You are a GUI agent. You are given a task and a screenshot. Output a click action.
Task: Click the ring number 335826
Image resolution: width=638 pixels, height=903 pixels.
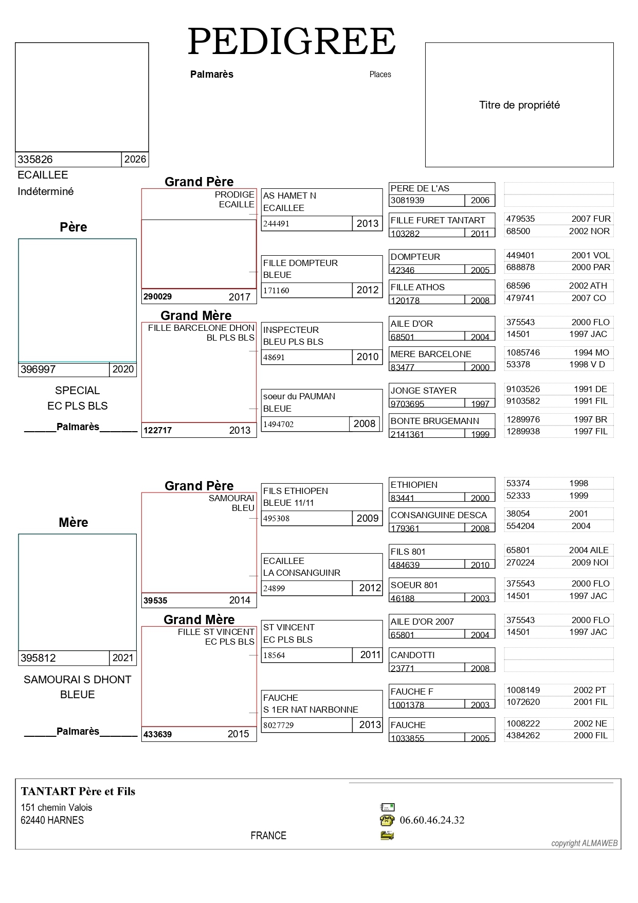[35, 160]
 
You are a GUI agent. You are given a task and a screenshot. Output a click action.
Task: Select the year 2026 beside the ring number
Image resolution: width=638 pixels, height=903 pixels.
[135, 160]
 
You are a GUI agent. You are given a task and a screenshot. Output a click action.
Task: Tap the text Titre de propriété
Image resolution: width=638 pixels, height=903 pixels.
[519, 105]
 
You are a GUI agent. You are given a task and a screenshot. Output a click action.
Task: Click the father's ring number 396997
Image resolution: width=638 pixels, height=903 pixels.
[38, 369]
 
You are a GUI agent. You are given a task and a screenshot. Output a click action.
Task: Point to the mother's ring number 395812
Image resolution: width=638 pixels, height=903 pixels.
[38, 658]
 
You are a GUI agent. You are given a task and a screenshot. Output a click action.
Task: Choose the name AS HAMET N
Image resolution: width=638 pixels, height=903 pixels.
[289, 196]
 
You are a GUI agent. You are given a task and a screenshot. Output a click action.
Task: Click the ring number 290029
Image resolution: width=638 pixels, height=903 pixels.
[158, 297]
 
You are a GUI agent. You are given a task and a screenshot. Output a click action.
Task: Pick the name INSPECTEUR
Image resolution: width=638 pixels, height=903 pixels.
[291, 330]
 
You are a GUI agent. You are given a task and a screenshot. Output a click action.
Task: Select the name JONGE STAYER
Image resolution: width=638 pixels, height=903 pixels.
[424, 391]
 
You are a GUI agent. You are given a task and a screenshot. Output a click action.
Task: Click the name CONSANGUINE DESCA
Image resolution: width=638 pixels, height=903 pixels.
[439, 515]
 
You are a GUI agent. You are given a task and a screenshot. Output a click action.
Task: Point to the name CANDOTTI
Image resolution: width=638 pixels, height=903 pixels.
[412, 655]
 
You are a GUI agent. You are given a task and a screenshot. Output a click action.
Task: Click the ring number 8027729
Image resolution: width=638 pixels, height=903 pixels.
[278, 725]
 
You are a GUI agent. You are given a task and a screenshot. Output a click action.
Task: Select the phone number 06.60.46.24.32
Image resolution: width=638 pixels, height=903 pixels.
[432, 820]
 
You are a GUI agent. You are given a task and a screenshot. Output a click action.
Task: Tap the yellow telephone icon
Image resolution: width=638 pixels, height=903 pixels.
[387, 820]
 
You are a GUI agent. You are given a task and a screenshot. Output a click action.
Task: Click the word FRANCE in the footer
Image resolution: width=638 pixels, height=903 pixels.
[268, 836]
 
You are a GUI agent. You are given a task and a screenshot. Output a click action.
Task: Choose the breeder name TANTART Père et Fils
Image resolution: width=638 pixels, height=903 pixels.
[78, 791]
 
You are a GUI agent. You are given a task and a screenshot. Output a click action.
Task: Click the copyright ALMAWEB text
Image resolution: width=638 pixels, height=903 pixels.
[585, 843]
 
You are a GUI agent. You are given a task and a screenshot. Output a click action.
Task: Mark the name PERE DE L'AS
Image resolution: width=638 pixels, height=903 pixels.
[420, 188]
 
